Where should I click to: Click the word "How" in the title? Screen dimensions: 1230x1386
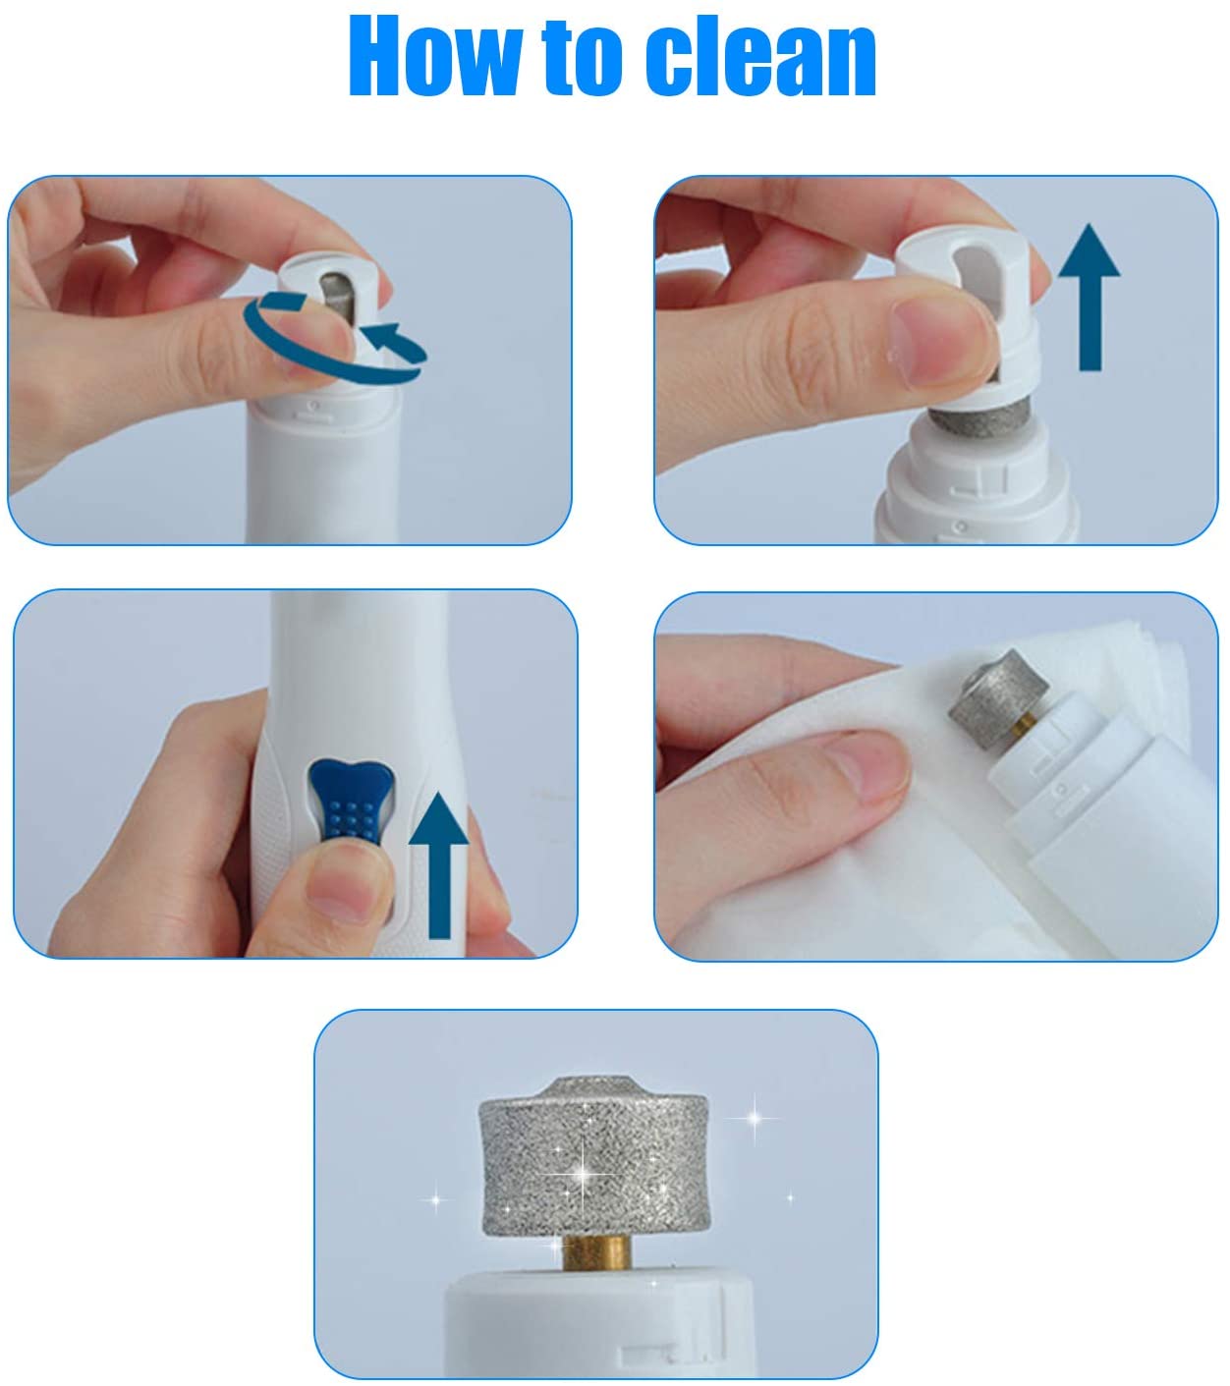click(x=433, y=56)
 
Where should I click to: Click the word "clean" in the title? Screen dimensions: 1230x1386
click(x=760, y=56)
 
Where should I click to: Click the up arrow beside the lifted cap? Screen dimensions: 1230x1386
click(x=1090, y=297)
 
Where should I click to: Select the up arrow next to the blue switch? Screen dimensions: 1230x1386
click(x=438, y=865)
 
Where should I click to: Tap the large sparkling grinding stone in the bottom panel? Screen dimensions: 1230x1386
click(x=593, y=1157)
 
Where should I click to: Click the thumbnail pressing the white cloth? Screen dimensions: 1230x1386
click(x=869, y=766)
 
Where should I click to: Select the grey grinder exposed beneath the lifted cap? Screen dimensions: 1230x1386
click(x=981, y=416)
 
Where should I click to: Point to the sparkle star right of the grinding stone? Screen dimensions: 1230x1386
click(x=755, y=1119)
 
